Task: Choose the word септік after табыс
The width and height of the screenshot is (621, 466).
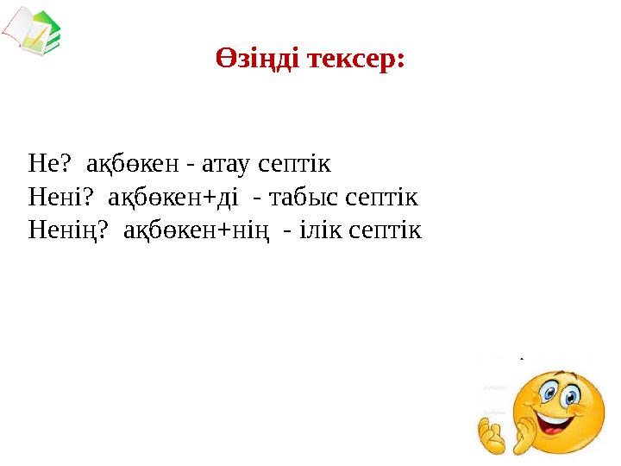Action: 383,198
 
